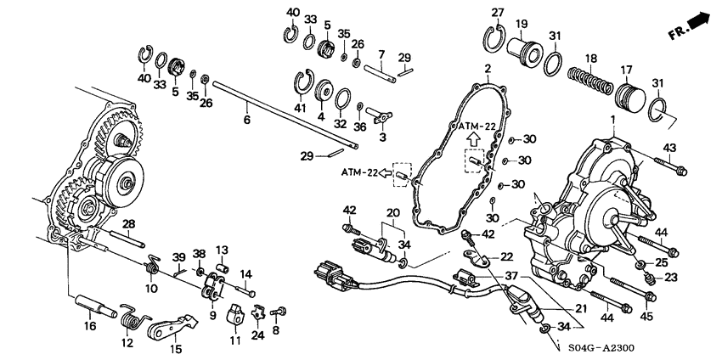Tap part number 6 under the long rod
coord(247,121)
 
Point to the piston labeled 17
coord(631,98)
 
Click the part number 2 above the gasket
coord(488,70)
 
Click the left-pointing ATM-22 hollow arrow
coord(385,172)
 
